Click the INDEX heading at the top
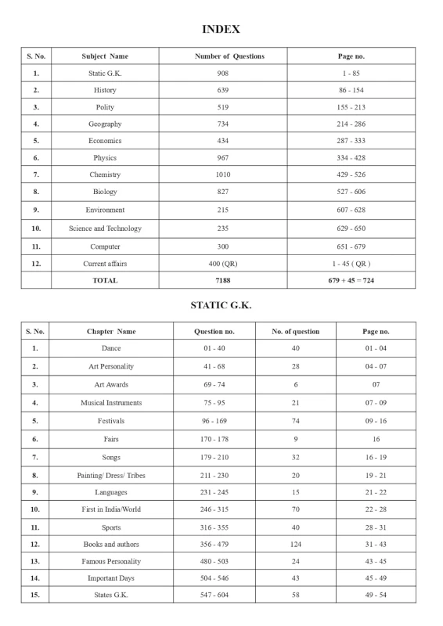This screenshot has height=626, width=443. tap(221, 29)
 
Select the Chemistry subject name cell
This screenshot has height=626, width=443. tap(105, 174)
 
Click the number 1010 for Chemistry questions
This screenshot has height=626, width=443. tap(223, 174)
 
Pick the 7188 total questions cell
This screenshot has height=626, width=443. tap(223, 280)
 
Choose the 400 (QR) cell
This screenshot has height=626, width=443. tap(223, 264)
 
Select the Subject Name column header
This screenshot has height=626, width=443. tap(105, 56)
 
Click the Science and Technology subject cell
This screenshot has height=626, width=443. tap(105, 228)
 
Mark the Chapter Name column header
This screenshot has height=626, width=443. tap(111, 331)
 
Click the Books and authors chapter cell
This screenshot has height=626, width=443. tap(111, 544)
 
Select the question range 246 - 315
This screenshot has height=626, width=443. tap(214, 509)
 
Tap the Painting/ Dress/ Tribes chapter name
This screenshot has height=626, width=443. tap(111, 475)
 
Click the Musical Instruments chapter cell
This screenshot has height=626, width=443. tap(111, 403)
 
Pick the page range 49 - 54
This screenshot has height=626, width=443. tap(376, 595)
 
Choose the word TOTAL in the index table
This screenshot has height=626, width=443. tap(105, 280)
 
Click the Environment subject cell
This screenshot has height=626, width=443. tap(105, 210)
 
